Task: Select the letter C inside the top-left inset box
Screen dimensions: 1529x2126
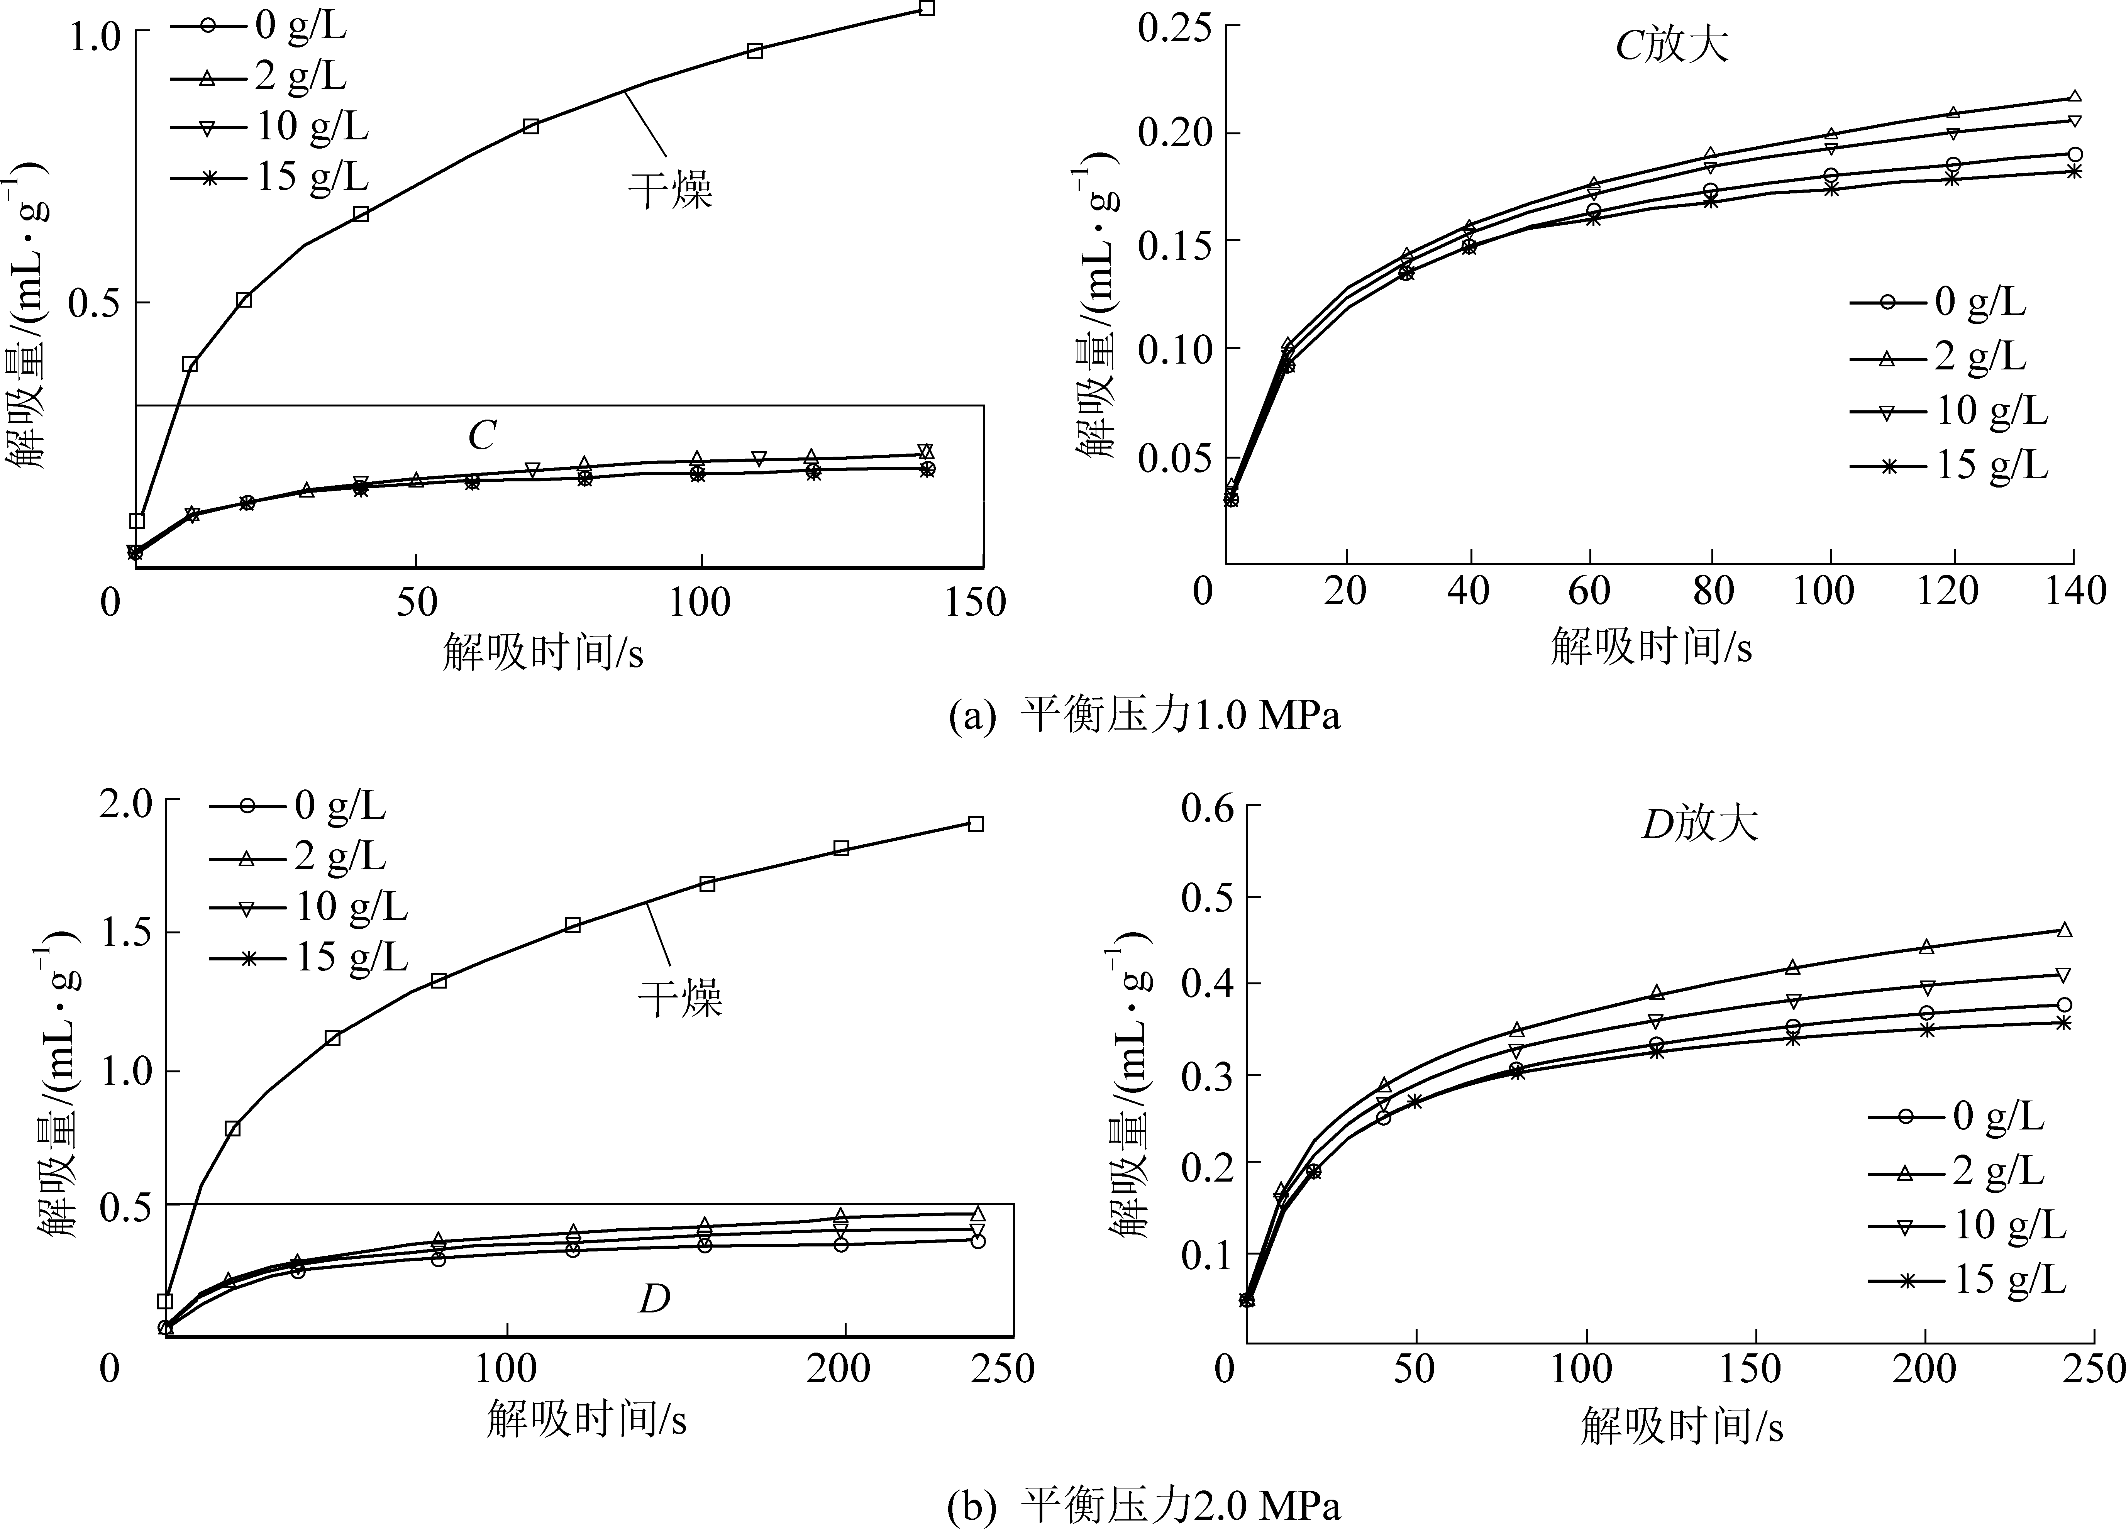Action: [x=482, y=436]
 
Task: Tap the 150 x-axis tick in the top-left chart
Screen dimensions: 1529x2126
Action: [x=975, y=602]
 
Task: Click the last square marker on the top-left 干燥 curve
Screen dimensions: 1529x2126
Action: [x=927, y=7]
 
